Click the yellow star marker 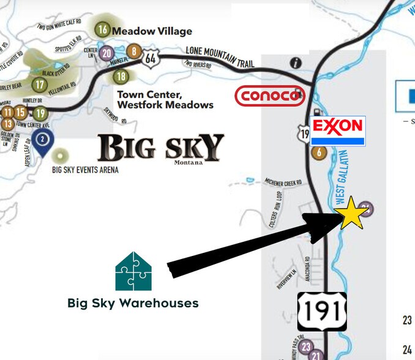click(x=352, y=212)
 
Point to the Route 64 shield click(x=150, y=59)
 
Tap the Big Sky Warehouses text click(x=133, y=303)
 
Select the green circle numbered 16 click(x=103, y=30)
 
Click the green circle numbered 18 click(x=121, y=77)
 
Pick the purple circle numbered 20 click(x=107, y=52)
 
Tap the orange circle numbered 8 click(x=133, y=51)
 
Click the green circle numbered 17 click(x=40, y=84)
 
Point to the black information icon click(x=297, y=62)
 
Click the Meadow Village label click(x=152, y=31)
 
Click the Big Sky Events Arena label click(x=86, y=170)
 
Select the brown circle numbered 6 click(x=319, y=153)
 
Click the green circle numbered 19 click(x=40, y=113)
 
